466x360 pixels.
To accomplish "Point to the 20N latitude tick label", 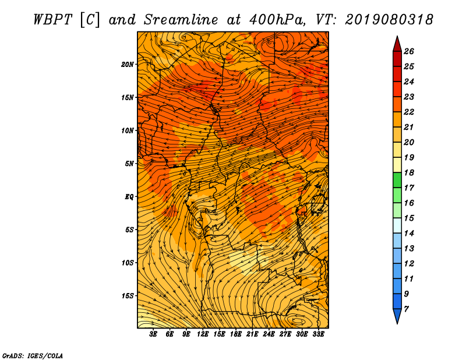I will tap(128, 64).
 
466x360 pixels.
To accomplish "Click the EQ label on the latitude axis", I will tap(129, 197).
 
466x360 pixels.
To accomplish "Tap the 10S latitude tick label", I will tap(128, 263).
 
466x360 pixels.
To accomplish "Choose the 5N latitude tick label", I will tap(129, 164).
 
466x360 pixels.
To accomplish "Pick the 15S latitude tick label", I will tap(128, 296).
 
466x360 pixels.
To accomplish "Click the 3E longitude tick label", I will tap(154, 335).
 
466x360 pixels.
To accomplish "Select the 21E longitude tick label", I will tap(252, 335).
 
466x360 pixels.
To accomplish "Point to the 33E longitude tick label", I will tap(318, 335).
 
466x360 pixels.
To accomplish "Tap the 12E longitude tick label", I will tap(203, 335).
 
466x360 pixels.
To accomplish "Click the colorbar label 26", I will tap(408, 51).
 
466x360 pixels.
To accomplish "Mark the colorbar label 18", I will tap(408, 173).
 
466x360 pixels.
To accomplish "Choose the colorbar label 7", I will tap(406, 309).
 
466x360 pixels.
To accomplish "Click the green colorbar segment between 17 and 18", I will tap(396, 181).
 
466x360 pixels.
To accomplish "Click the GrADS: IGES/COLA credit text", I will tap(32, 355).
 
